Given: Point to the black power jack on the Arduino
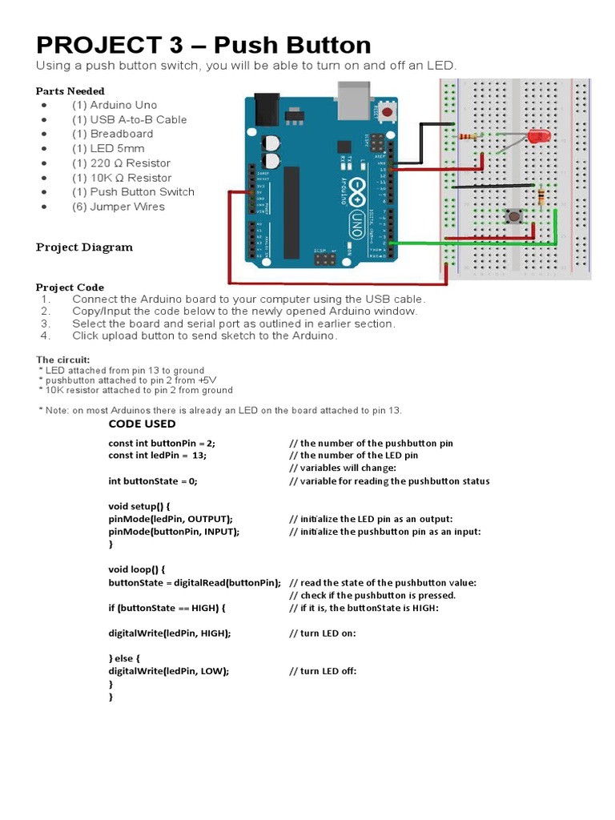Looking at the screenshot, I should click(x=267, y=110).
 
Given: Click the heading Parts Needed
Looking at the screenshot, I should click(x=70, y=90).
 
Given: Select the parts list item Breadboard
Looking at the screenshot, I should click(x=121, y=134).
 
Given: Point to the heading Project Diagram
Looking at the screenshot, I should click(x=84, y=247).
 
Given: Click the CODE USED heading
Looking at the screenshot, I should click(x=142, y=424).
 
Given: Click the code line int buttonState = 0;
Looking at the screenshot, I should click(x=152, y=481).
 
